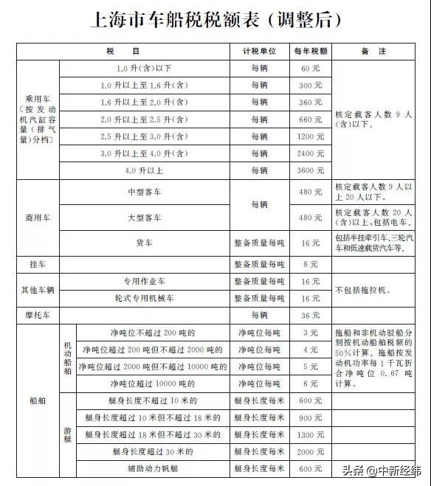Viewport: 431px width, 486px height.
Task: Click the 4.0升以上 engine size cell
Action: coord(145,170)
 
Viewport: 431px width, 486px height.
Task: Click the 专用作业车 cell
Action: coord(145,281)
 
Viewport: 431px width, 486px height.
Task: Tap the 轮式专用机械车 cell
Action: coord(145,298)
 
